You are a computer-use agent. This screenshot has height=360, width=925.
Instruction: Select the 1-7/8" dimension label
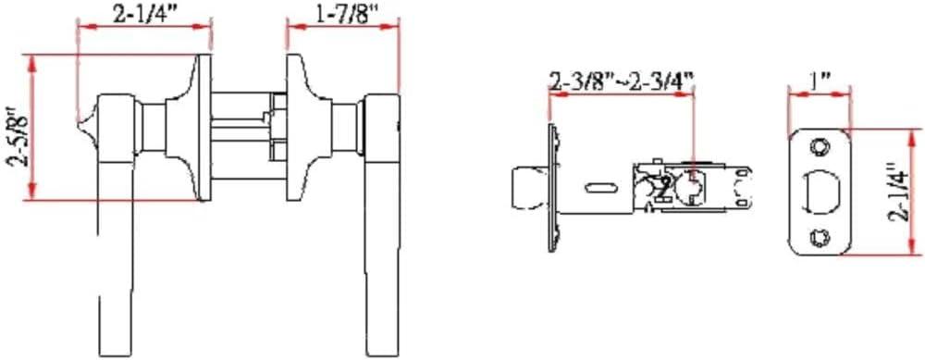click(x=343, y=13)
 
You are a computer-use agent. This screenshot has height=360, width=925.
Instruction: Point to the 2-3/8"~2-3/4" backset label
click(x=621, y=82)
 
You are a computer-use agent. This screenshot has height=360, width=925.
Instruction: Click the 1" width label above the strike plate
click(x=819, y=81)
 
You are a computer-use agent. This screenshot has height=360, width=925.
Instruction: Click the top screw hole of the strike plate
click(x=819, y=146)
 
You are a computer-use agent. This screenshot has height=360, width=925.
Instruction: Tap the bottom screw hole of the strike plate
click(x=819, y=238)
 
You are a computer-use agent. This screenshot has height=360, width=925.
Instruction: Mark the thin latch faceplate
click(x=552, y=190)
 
